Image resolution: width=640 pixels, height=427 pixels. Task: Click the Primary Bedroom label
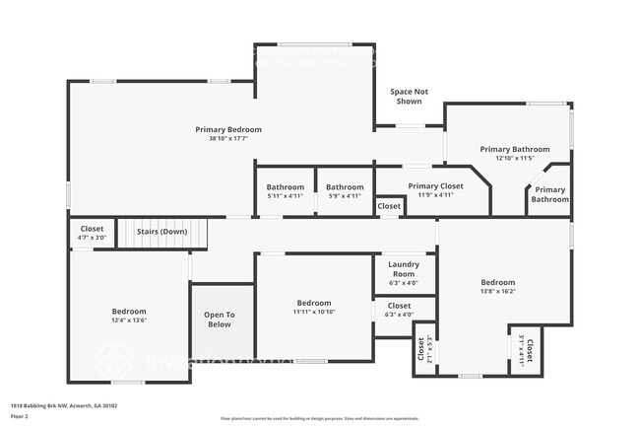pyautogui.click(x=228, y=130)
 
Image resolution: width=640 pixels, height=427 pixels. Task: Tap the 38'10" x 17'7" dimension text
pyautogui.click(x=228, y=139)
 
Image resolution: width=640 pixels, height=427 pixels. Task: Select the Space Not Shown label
pyautogui.click(x=409, y=96)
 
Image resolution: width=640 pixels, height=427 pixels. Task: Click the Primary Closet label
pyautogui.click(x=435, y=186)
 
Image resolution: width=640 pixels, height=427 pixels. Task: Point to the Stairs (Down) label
pyautogui.click(x=161, y=232)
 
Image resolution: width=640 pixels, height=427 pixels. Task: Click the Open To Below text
pyautogui.click(x=219, y=320)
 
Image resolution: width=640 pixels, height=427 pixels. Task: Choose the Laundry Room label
pyautogui.click(x=404, y=268)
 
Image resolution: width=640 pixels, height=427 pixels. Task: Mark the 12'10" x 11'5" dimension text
pyautogui.click(x=514, y=158)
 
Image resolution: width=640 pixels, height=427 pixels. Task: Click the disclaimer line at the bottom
pyautogui.click(x=319, y=418)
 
